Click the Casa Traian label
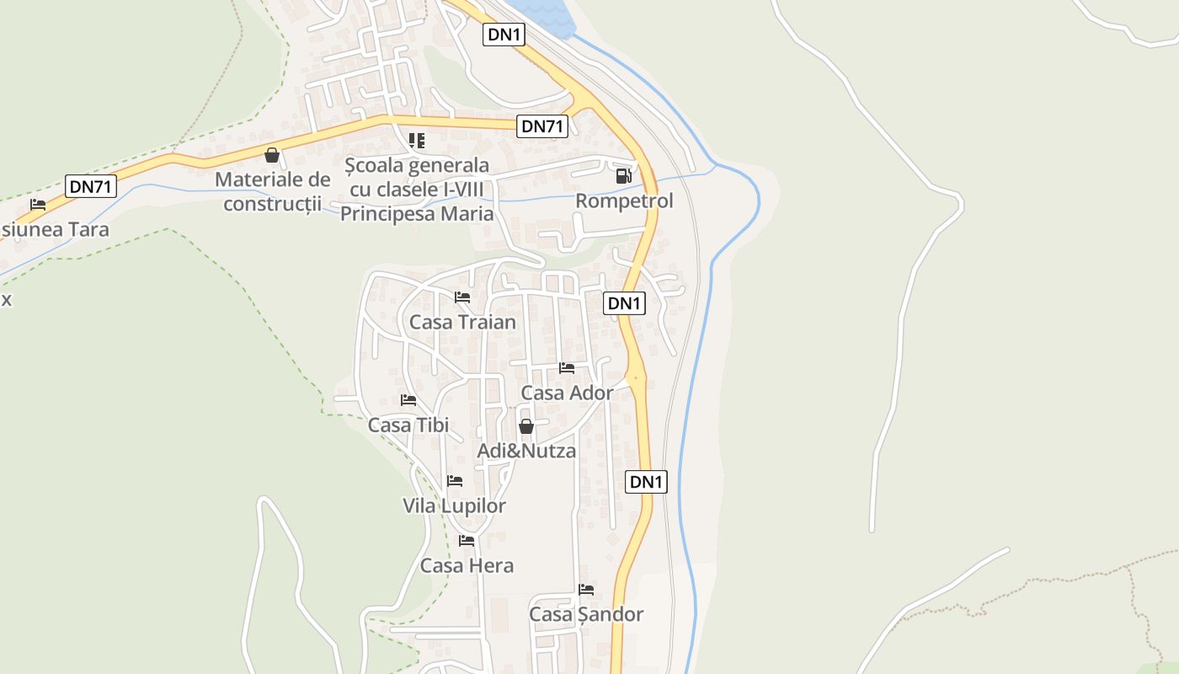462,322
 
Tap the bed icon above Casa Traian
462,297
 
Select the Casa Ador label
567,393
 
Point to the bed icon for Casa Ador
567,368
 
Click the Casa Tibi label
408,425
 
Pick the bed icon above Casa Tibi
408,400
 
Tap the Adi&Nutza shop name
526,451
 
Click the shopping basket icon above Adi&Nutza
526,427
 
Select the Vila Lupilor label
455,505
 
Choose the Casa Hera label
467,565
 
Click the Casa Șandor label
586,614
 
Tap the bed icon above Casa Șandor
586,590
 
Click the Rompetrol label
624,201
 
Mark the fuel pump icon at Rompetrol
624,176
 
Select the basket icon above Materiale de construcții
272,155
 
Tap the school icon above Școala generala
417,140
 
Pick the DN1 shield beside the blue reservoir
504,35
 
